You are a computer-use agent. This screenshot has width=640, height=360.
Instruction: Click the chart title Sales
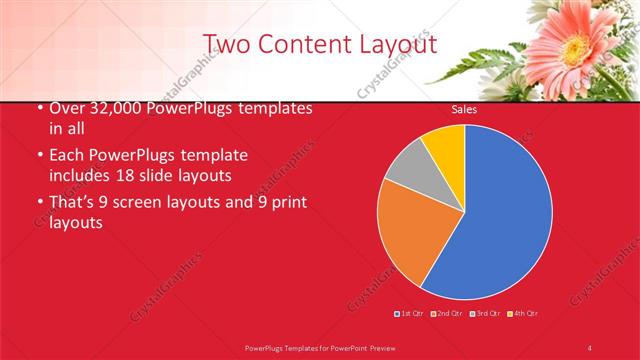463,110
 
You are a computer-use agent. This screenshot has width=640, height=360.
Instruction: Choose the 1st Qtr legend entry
410,314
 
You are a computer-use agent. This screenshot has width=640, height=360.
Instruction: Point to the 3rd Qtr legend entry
485,314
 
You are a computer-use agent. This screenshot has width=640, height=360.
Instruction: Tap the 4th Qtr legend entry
523,314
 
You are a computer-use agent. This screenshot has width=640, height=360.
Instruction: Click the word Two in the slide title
227,44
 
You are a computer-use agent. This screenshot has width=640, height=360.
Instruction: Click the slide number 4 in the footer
590,347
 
